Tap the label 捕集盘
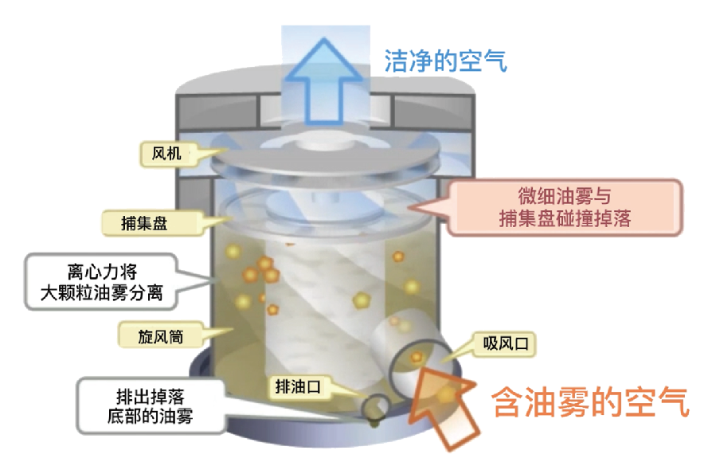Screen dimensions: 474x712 pyautogui.click(x=145, y=222)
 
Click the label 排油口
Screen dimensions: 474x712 pyautogui.click(x=297, y=386)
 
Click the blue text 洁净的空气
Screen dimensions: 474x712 pyautogui.click(x=445, y=61)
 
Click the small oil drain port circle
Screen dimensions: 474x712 pyautogui.click(x=374, y=407)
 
